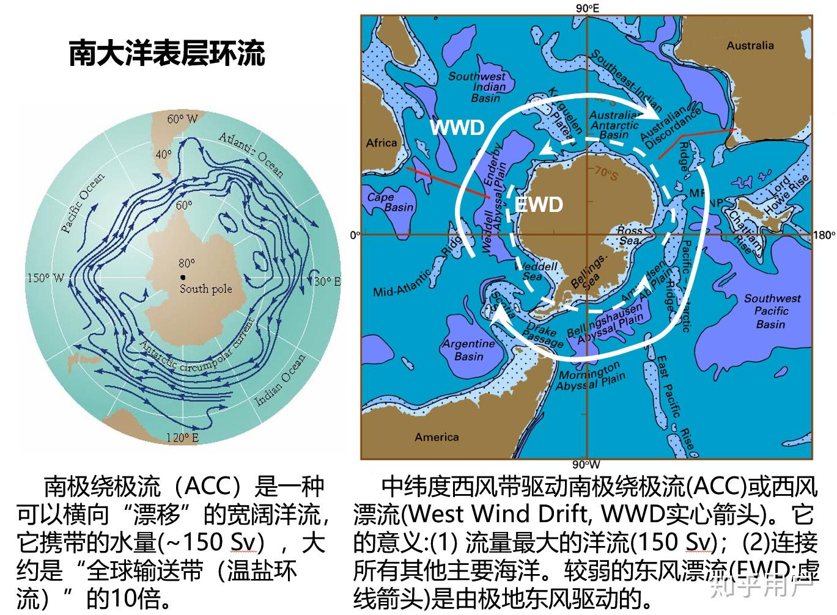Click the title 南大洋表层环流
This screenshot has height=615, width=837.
pyautogui.click(x=166, y=53)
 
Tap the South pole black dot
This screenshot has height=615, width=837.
pyautogui.click(x=183, y=277)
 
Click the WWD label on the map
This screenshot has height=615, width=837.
pyautogui.click(x=457, y=128)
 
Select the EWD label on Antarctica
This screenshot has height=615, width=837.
pyautogui.click(x=539, y=204)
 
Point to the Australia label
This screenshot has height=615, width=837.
pyautogui.click(x=750, y=45)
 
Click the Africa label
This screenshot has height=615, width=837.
pyautogui.click(x=382, y=142)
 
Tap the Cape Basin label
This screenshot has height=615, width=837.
pyautogui.click(x=390, y=202)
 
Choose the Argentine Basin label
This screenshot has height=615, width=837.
pyautogui.click(x=468, y=349)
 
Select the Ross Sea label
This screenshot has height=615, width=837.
pyautogui.click(x=629, y=235)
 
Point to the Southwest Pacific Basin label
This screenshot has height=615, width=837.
pyautogui.click(x=772, y=311)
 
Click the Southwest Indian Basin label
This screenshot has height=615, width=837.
pyautogui.click(x=477, y=87)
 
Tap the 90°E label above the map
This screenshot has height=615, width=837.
pyautogui.click(x=587, y=7)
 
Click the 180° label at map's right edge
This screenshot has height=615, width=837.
pyautogui.click(x=825, y=235)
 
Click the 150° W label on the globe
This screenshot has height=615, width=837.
pyautogui.click(x=46, y=278)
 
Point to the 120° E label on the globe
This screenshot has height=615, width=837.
pyautogui.click(x=182, y=437)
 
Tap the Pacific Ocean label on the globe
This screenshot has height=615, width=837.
pyautogui.click(x=83, y=203)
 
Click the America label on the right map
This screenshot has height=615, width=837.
pyautogui.click(x=437, y=437)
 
